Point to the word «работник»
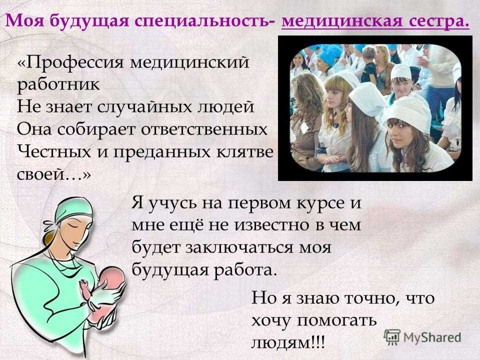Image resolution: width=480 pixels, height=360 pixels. point(58,84)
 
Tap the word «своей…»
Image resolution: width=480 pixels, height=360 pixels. point(54,174)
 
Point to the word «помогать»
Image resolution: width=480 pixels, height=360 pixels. point(336,320)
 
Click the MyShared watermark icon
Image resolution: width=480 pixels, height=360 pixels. point(392,336)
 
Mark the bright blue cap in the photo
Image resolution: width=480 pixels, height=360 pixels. point(329,55)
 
